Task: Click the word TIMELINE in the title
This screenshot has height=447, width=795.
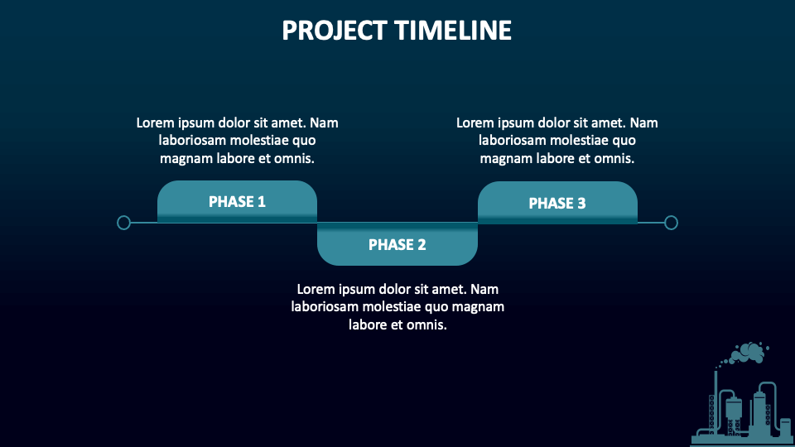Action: point(453,31)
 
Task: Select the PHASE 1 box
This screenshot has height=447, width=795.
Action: point(237,201)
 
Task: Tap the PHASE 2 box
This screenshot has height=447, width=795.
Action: point(397,244)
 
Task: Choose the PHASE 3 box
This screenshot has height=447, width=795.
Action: point(557,203)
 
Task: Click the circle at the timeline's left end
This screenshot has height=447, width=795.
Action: point(124,222)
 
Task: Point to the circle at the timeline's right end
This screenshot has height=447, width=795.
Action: point(672,222)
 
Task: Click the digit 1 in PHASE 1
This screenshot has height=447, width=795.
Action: point(262,201)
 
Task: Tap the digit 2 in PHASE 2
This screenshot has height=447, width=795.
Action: point(422,244)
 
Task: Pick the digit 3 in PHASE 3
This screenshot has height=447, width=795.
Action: point(581,203)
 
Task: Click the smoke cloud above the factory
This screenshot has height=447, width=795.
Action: point(749,353)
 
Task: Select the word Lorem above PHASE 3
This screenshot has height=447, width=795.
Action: point(475,123)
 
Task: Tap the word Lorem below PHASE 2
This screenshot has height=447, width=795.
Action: point(316,289)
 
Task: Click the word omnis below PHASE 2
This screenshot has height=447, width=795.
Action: point(426,325)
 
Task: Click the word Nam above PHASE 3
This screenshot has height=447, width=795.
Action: point(643,123)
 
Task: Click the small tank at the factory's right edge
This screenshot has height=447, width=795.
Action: point(785,427)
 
